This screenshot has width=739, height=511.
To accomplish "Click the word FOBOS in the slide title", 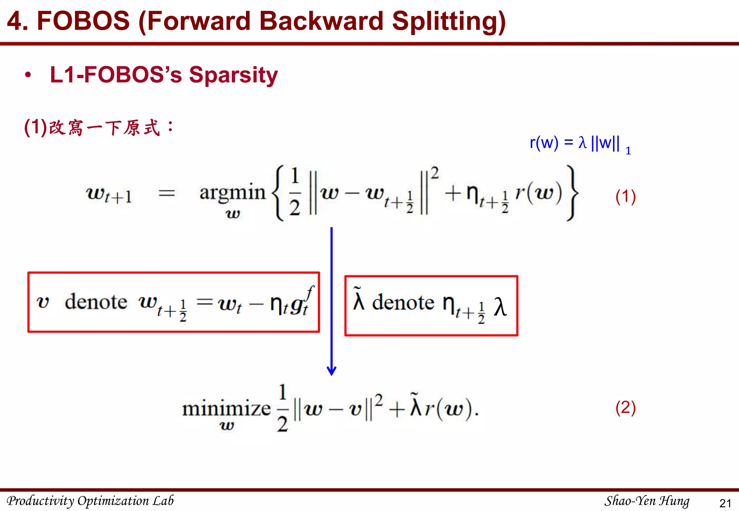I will point(83,21).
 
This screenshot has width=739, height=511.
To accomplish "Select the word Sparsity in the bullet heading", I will point(233,75).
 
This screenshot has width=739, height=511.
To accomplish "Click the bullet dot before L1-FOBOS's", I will point(28,75).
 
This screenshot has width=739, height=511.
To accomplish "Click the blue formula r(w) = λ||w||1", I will point(580,143).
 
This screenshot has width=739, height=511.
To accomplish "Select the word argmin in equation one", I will point(232,192).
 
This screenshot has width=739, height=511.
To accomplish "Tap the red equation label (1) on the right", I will point(625,197).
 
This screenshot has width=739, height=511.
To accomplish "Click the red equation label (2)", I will point(625,408).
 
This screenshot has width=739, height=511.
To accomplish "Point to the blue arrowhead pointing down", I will point(332,371).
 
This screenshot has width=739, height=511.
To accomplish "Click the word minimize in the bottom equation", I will point(226,409).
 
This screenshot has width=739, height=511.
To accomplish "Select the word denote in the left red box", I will point(96,302).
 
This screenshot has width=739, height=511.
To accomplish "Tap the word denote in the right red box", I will point(403,302).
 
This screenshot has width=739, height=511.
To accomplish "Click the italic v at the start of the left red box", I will point(43,302).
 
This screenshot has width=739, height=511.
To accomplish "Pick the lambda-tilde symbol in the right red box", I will point(358,299).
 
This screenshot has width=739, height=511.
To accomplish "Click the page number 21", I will point(725,503).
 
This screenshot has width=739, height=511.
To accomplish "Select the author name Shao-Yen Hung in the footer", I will point(647,501).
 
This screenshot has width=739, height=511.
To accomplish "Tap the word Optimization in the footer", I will point(113,501).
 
